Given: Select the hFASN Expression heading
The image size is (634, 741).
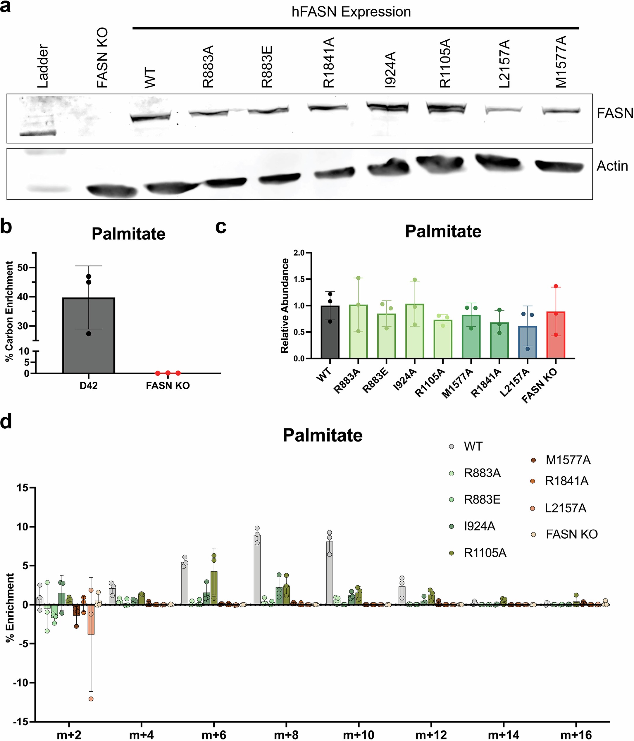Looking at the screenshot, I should (x=351, y=12).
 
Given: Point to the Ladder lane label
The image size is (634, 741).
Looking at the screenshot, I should (x=43, y=66).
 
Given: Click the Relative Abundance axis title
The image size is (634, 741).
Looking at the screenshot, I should (x=285, y=306).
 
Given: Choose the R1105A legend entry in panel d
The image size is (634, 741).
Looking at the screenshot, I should (x=485, y=553).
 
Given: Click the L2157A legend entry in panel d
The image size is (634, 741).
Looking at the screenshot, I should (x=565, y=508).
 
